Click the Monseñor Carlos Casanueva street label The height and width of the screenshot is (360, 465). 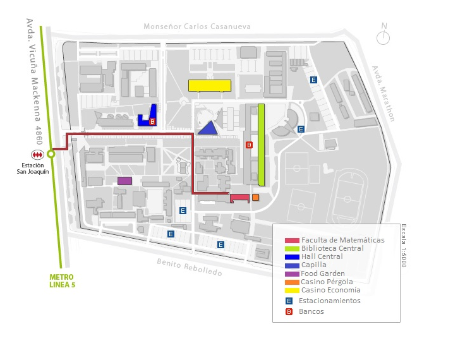pyautogui.click(x=197, y=27)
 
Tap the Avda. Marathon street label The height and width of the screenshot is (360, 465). pyautogui.click(x=383, y=93)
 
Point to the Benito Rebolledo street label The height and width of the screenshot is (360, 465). pyautogui.click(x=189, y=267)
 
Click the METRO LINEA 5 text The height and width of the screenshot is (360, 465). pyautogui.click(x=62, y=281)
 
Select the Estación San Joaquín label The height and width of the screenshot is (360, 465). pyautogui.click(x=33, y=169)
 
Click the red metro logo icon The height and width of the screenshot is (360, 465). pyautogui.click(x=37, y=155)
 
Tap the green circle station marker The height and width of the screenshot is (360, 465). pyautogui.click(x=51, y=154)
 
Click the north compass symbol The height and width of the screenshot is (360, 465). pyautogui.click(x=383, y=35)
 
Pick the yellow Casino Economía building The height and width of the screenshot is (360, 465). pyautogui.click(x=210, y=86)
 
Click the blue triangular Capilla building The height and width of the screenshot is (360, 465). pyautogui.click(x=208, y=128)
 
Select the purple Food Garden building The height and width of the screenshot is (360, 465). pyautogui.click(x=124, y=181)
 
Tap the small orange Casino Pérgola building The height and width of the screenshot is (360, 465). pyautogui.click(x=255, y=197)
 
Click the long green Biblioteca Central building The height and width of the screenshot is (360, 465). pyautogui.click(x=261, y=145)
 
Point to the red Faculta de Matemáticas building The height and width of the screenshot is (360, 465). pyautogui.click(x=239, y=198)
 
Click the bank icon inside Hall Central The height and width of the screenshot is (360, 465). pyautogui.click(x=152, y=122)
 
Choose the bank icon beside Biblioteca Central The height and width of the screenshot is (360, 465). pyautogui.click(x=249, y=145)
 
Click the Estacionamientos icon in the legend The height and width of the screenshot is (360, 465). pyautogui.click(x=289, y=301)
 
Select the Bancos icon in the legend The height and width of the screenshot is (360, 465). pyautogui.click(x=289, y=311)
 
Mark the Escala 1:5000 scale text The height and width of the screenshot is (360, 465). pyautogui.click(x=404, y=246)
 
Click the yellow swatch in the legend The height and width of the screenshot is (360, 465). pyautogui.click(x=292, y=291)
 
